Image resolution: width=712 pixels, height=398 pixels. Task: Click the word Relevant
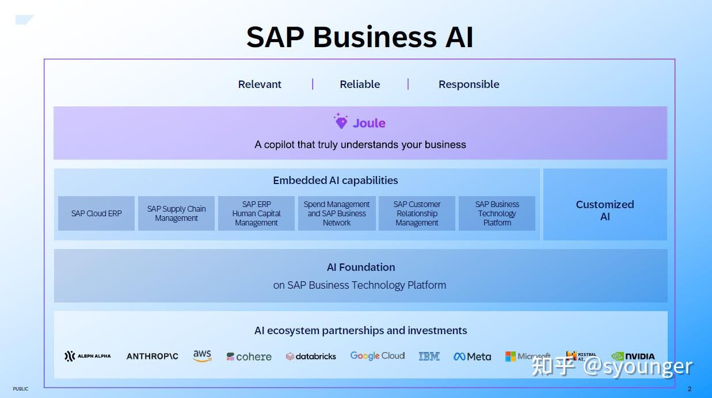(260, 84)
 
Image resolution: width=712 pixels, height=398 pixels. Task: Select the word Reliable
(360, 84)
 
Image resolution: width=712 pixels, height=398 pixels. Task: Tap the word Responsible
(469, 84)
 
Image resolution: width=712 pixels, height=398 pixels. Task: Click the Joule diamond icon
(341, 121)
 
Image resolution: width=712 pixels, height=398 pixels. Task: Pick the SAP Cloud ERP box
(96, 213)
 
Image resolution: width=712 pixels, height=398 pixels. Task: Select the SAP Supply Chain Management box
(176, 213)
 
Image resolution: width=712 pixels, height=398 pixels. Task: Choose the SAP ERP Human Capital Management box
(256, 213)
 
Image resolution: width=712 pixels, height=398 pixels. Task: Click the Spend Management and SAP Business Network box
(337, 213)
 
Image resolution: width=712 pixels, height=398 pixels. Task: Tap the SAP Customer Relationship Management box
(417, 213)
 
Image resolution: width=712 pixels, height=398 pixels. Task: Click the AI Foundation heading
(361, 267)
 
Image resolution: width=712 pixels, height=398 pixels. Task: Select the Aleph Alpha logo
(87, 356)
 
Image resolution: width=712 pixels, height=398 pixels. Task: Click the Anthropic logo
(152, 356)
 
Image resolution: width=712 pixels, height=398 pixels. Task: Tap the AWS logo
(202, 356)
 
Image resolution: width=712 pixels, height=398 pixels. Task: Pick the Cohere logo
(249, 357)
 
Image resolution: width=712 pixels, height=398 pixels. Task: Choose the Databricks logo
(311, 356)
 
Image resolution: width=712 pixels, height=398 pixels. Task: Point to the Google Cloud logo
(378, 356)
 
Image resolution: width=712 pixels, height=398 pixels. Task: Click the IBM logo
(429, 356)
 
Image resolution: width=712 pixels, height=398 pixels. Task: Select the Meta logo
(472, 357)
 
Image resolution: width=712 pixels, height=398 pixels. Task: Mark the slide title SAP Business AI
(360, 37)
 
